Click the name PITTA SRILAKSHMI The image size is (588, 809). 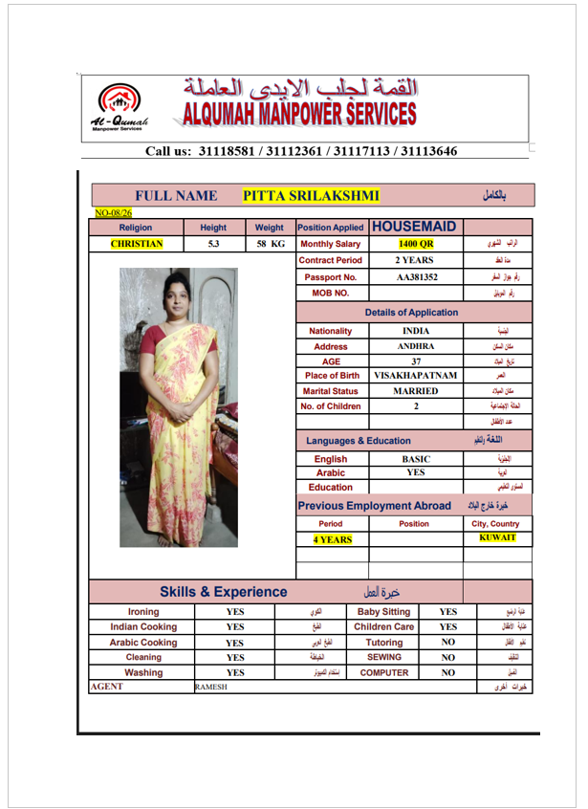tap(311, 196)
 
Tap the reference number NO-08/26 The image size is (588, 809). tap(113, 212)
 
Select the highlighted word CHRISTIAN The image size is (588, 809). tap(136, 244)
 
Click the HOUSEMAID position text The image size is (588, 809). tap(412, 228)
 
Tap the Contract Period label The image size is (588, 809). tap(330, 260)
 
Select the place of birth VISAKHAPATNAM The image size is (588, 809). tap(415, 376)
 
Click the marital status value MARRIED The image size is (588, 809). tap(415, 391)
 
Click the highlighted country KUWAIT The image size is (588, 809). tap(497, 538)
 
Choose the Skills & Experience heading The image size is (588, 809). tap(223, 592)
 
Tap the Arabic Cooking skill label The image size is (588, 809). tap(142, 643)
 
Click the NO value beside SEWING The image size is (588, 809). tap(446, 658)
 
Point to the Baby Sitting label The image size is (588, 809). tap(383, 612)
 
